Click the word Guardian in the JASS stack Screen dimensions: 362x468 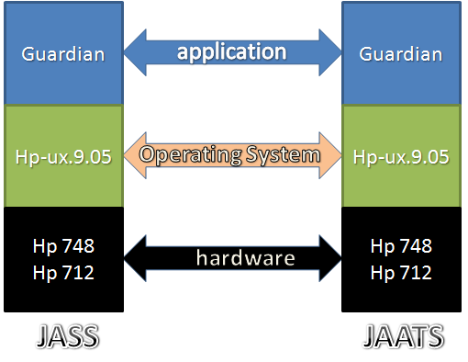point(63,54)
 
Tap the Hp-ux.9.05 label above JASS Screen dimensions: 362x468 point(63,156)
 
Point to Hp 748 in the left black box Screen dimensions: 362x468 point(63,246)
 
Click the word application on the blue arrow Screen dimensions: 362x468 point(231,51)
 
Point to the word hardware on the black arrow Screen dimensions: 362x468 point(233,257)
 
